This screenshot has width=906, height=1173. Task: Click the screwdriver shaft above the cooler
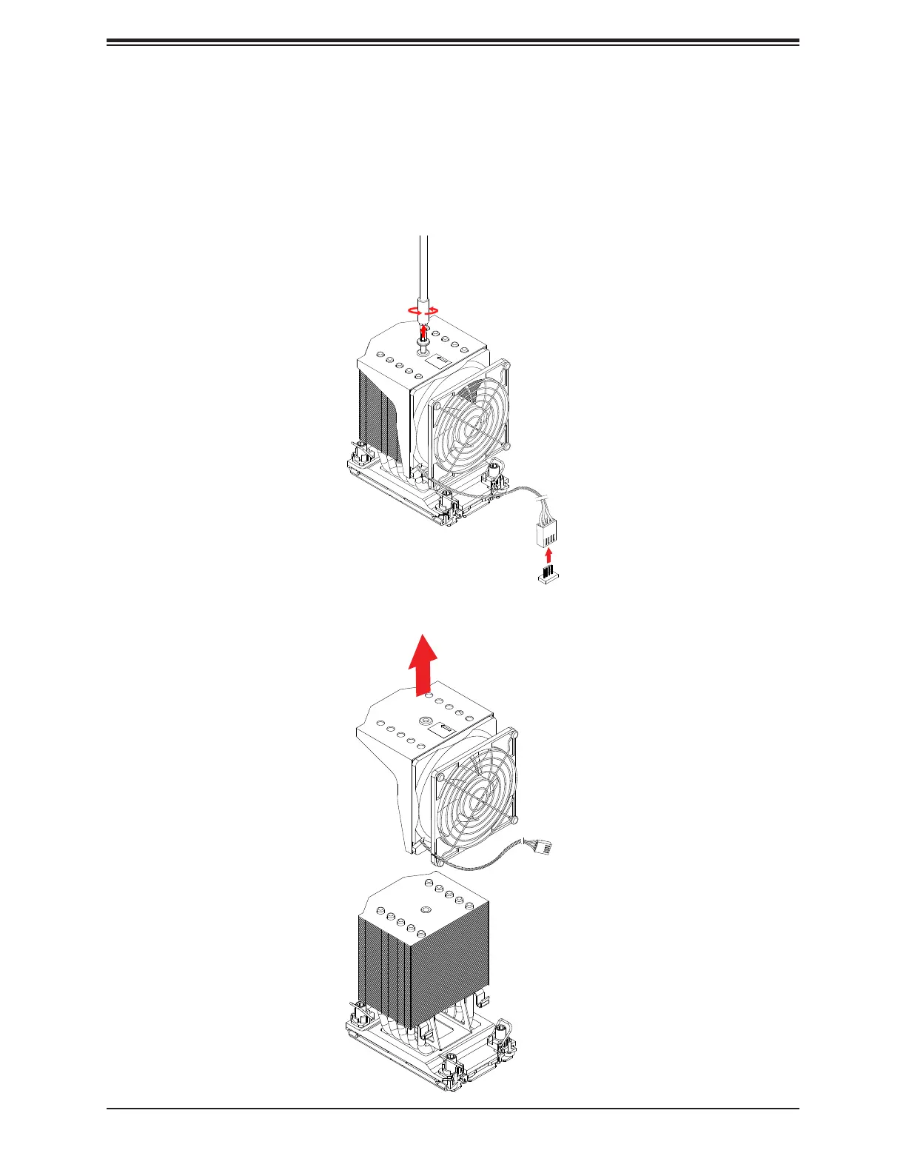point(423,267)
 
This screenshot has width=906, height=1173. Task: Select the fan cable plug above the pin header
point(546,532)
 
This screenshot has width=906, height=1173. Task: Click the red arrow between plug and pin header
point(547,555)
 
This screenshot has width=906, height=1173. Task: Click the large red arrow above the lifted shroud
point(423,664)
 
